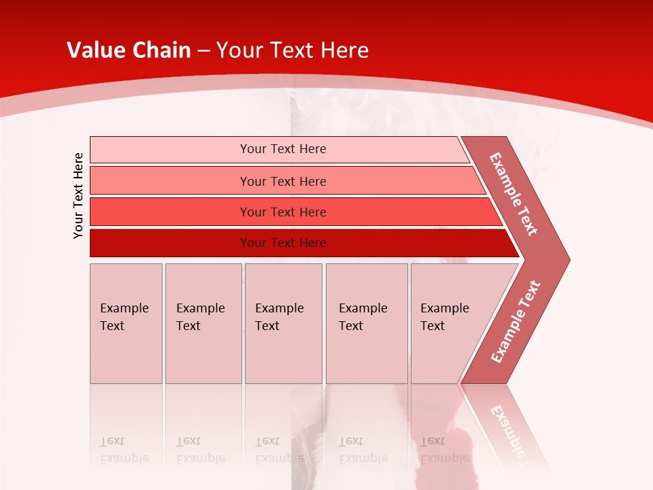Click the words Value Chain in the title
(129, 50)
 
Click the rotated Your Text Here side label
(78, 195)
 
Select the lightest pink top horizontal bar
(170, 150)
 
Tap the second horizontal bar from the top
(170, 181)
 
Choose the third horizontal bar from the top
(170, 212)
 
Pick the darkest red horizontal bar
(170, 243)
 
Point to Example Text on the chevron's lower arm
(516, 322)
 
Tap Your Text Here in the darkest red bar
(283, 243)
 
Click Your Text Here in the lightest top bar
(283, 149)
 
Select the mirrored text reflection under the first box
(124, 449)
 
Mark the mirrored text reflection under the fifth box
(444, 449)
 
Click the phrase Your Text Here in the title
(292, 50)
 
